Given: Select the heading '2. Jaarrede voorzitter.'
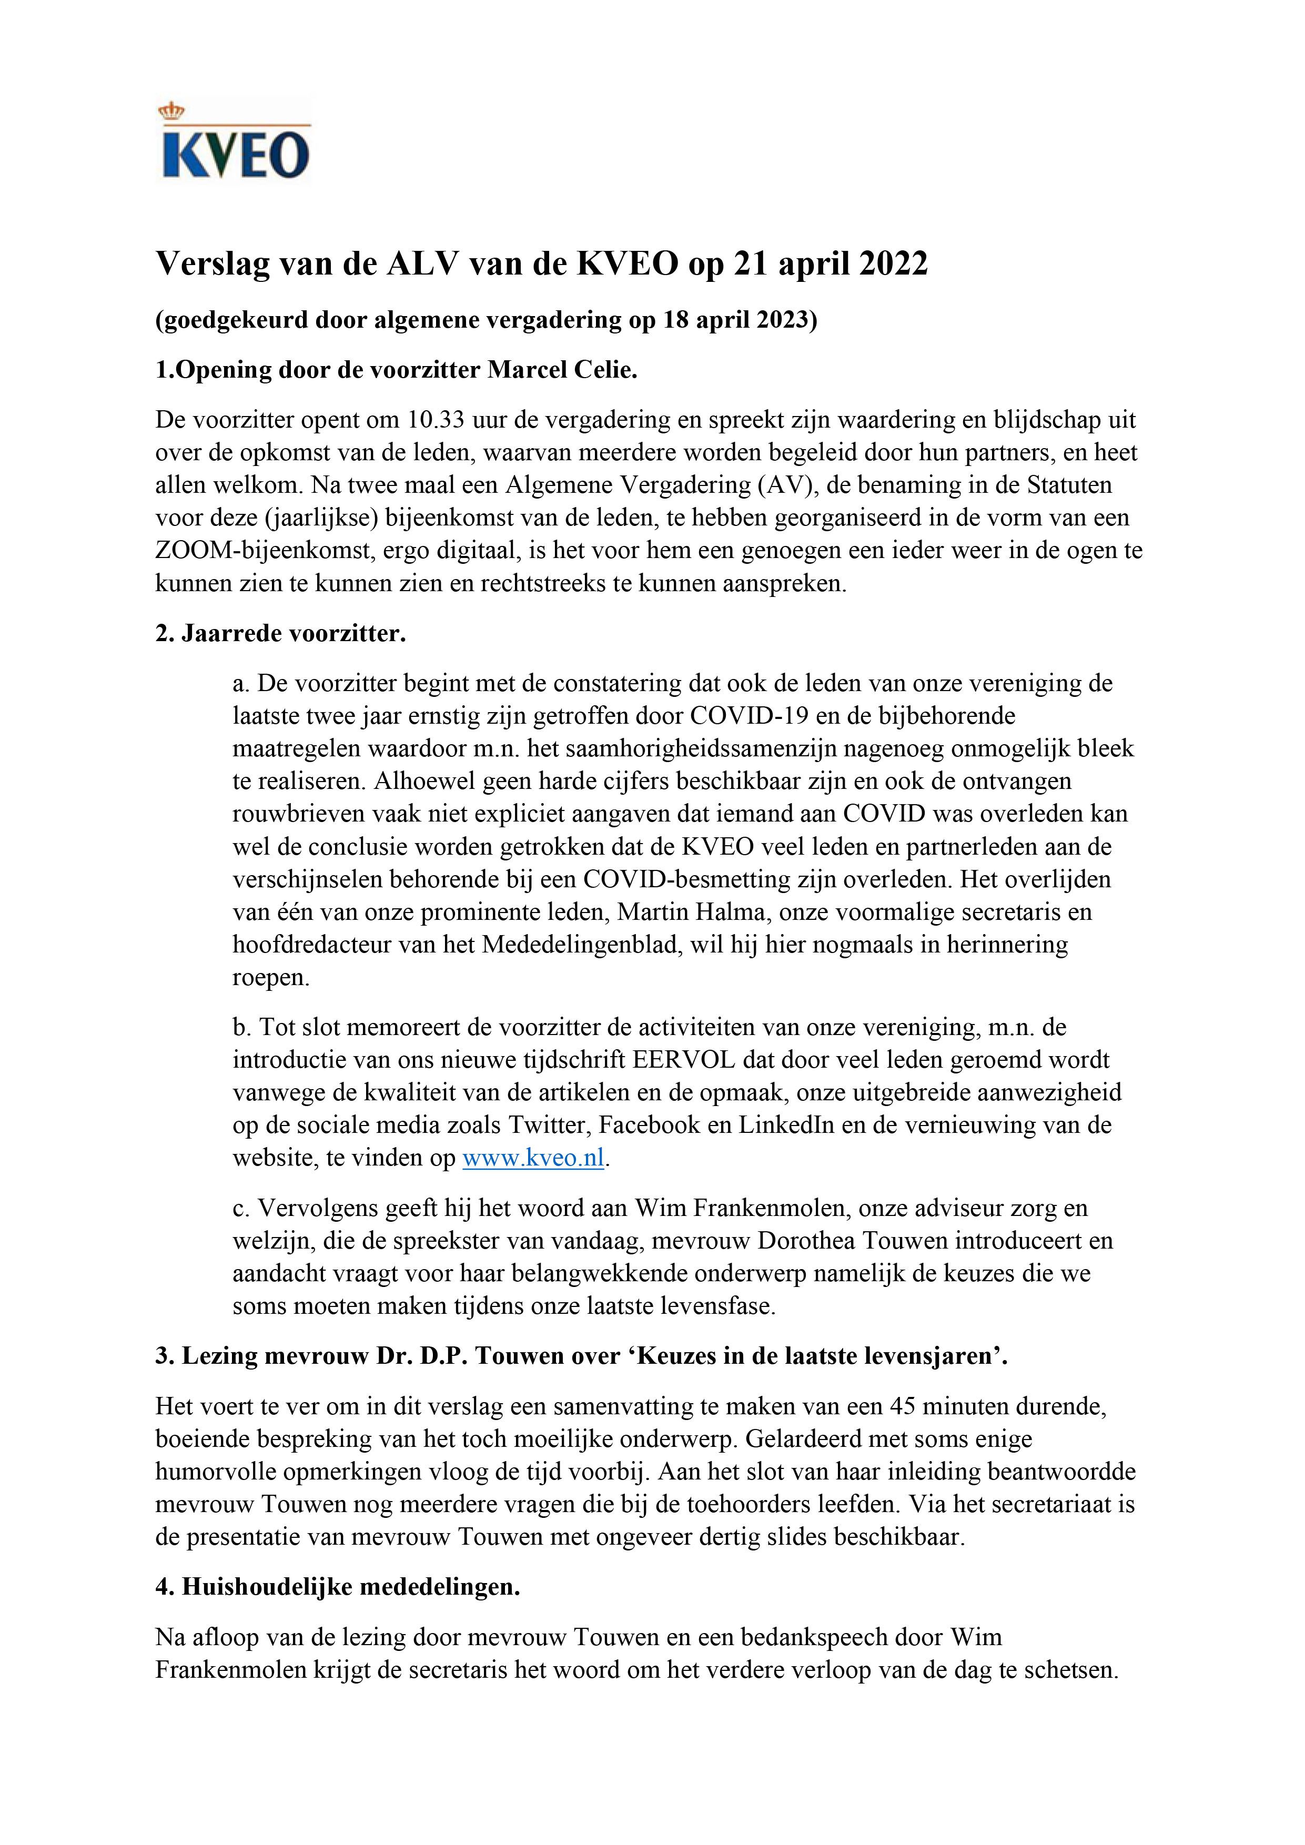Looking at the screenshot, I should [280, 634].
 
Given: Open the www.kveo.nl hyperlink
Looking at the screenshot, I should [533, 1159].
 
